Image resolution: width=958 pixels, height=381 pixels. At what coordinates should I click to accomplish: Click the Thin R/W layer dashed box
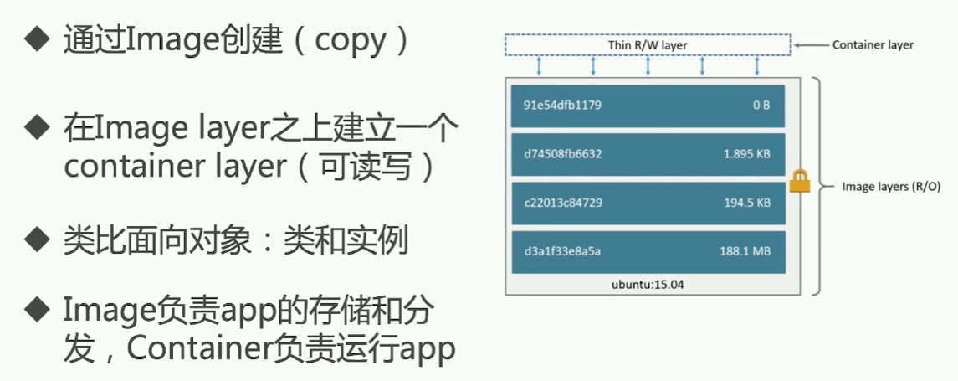(648, 44)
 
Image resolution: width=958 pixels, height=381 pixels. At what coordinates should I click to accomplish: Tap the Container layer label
(873, 45)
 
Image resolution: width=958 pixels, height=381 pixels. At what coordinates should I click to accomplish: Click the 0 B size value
(761, 106)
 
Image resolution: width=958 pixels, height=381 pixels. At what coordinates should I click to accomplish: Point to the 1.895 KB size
(747, 154)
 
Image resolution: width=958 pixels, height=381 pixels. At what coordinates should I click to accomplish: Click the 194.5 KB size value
(747, 203)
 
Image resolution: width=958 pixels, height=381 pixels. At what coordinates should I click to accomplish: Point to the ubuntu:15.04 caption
(648, 284)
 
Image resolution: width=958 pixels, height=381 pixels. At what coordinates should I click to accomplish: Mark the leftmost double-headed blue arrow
(540, 65)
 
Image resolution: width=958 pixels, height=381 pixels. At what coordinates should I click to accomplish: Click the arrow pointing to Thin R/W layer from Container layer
(810, 45)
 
